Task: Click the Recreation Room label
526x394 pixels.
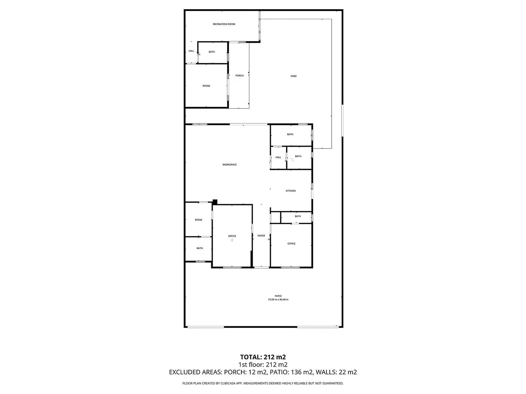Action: click(x=224, y=24)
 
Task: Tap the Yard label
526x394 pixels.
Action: click(x=293, y=76)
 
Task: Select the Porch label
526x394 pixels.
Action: click(x=239, y=76)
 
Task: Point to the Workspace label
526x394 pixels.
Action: click(x=229, y=165)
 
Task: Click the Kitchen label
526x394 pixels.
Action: click(x=290, y=191)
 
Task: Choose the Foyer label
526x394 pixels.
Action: click(x=261, y=236)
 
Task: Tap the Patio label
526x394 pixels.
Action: click(x=278, y=296)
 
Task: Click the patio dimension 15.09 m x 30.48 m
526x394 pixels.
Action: click(x=278, y=300)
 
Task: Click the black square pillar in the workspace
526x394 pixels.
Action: click(x=215, y=202)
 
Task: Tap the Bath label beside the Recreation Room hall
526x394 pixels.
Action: click(x=211, y=52)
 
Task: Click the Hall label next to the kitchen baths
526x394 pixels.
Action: click(x=278, y=157)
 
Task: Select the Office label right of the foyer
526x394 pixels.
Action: click(x=291, y=244)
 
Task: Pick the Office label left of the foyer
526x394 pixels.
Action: click(x=232, y=236)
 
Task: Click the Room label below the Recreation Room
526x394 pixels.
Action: click(x=206, y=86)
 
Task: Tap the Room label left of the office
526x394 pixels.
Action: click(x=198, y=220)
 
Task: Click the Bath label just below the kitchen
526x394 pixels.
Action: click(x=298, y=216)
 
